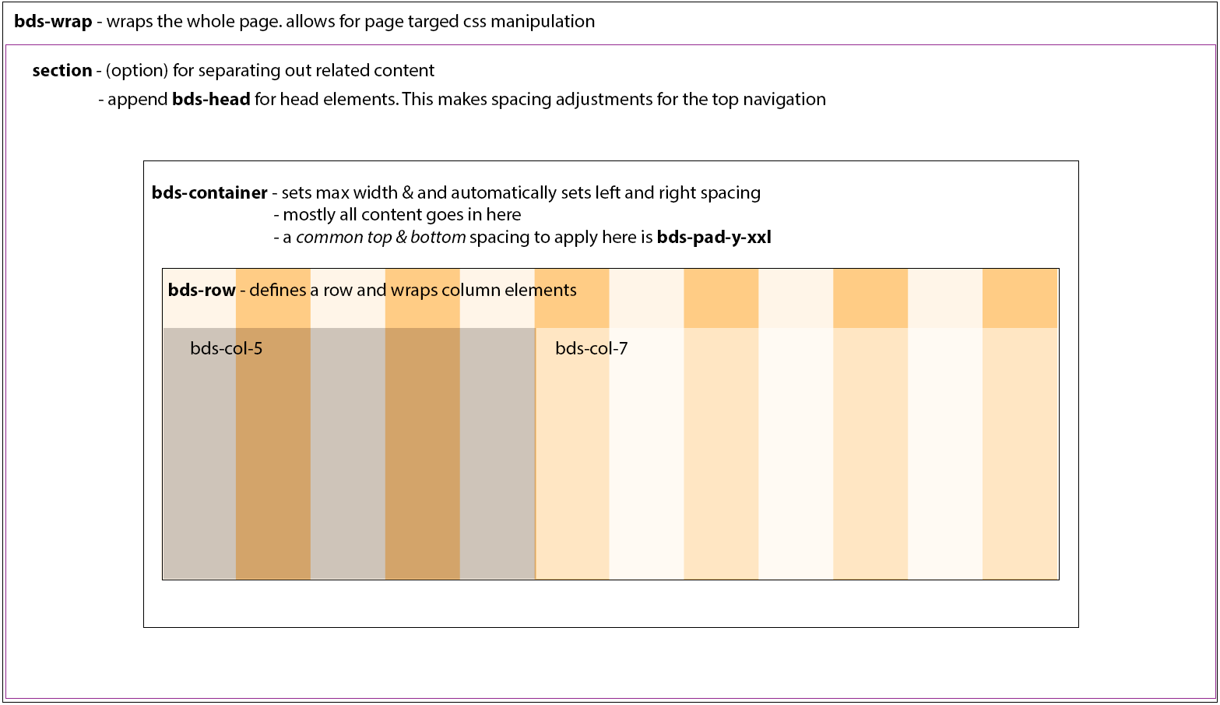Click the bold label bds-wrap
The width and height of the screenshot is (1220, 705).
[x=53, y=22]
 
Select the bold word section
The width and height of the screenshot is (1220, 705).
[x=62, y=71]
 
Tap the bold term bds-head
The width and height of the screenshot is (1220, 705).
[x=211, y=100]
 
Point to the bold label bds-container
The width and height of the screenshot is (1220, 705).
[x=209, y=193]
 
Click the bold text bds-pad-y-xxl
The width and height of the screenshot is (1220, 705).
[x=714, y=238]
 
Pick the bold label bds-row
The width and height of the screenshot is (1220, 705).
[x=202, y=291]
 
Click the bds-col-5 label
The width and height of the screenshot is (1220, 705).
[x=227, y=349]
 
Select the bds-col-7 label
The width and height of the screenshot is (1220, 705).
[x=592, y=349]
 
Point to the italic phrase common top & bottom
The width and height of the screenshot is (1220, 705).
[x=381, y=238]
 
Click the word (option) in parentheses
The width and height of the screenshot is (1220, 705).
[x=137, y=71]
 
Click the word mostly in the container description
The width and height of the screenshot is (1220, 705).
[x=308, y=215]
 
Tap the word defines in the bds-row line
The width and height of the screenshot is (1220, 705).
[x=278, y=291]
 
